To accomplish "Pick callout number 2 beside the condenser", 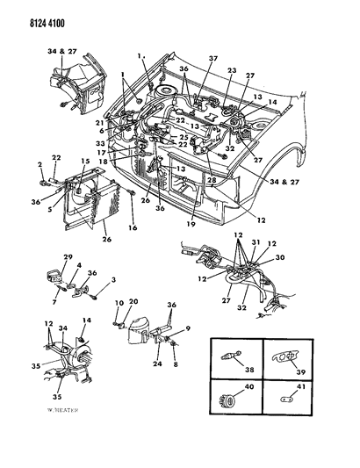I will click(x=40, y=163).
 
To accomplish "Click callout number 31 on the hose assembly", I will click(x=255, y=243).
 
